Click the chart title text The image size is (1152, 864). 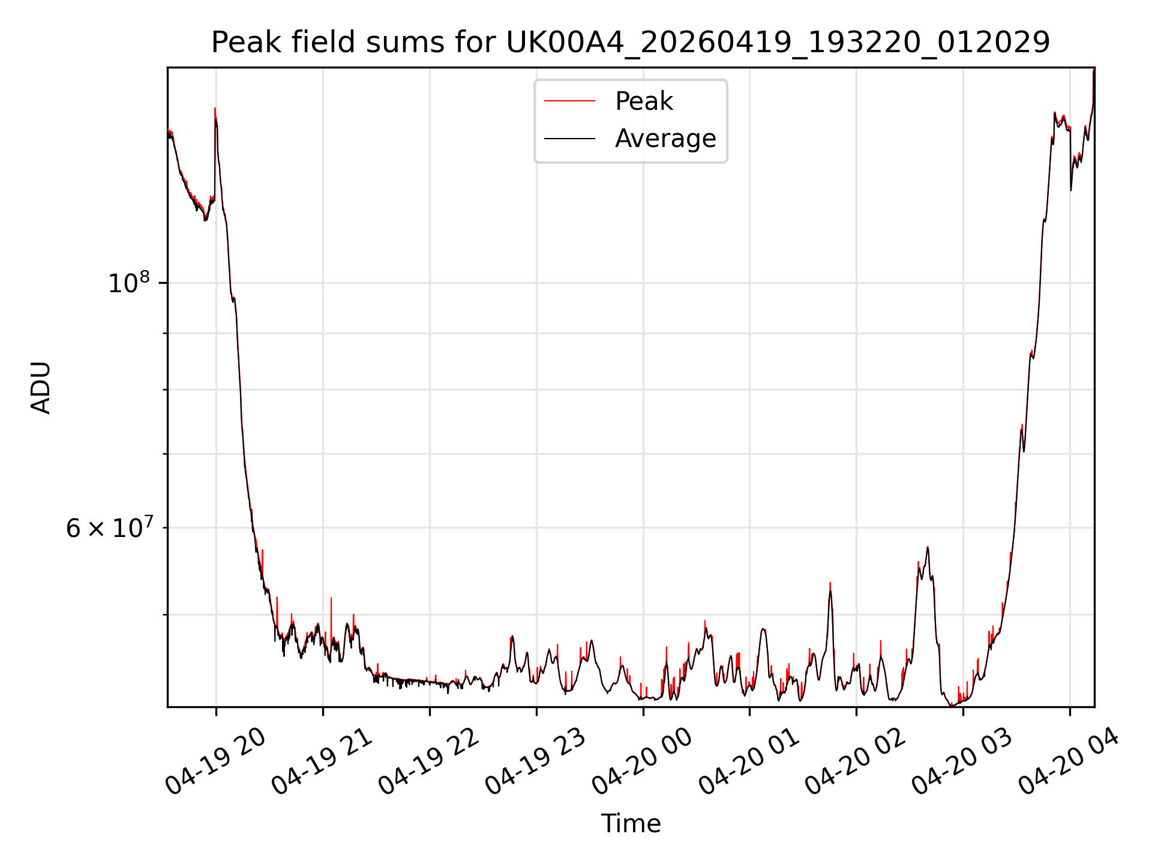click(631, 43)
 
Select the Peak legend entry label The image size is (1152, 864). click(644, 101)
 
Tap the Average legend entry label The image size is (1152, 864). click(665, 139)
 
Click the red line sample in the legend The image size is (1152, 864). click(569, 101)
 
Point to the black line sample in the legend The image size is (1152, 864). click(569, 139)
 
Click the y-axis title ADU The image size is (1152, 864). click(41, 388)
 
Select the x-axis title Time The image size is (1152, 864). click(631, 824)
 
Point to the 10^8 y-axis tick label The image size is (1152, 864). click(128, 283)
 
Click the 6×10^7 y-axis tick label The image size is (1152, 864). click(109, 528)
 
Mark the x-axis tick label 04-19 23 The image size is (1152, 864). click(535, 761)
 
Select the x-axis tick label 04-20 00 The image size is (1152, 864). click(642, 761)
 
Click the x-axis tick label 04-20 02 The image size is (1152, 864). click(855, 761)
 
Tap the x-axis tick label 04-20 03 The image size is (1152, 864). click(962, 761)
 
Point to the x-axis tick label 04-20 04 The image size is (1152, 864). click(1069, 761)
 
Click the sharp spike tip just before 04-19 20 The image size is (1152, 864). click(215, 109)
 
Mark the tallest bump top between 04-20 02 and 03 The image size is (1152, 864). click(928, 547)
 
